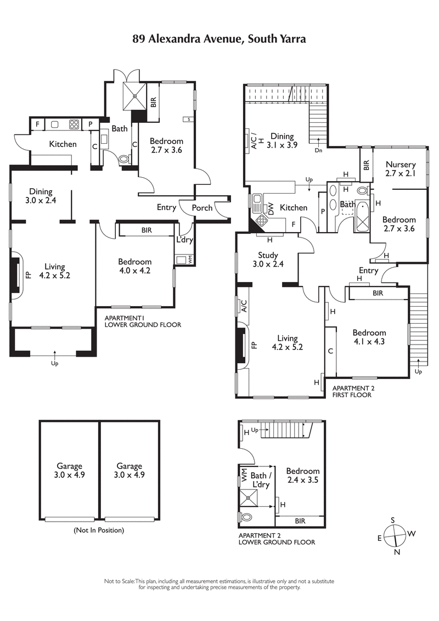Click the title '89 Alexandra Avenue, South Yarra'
click(x=219, y=39)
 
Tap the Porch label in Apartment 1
click(x=201, y=208)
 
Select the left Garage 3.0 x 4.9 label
click(x=70, y=470)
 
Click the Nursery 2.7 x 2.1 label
click(x=400, y=168)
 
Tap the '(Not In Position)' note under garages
click(x=99, y=530)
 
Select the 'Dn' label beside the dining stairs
click(x=318, y=150)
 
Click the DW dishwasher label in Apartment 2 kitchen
click(x=271, y=208)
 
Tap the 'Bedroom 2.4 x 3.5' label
click(x=302, y=475)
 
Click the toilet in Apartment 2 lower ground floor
click(x=246, y=517)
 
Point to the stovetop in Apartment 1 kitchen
click(x=74, y=125)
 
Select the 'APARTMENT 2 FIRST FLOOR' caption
click(x=352, y=391)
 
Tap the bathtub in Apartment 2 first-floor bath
click(x=363, y=217)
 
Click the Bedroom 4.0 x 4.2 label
click(x=134, y=266)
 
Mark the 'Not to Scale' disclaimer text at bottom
click(x=219, y=584)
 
